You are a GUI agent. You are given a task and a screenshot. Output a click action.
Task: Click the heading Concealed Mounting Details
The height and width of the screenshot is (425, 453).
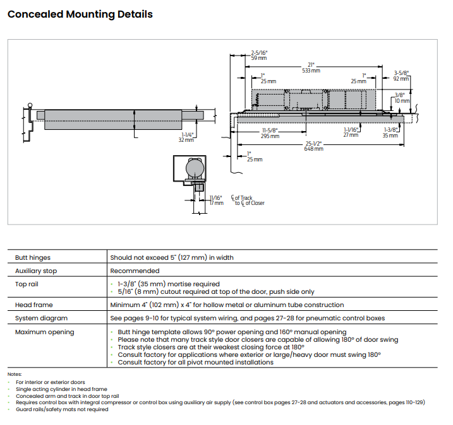pos(80,14)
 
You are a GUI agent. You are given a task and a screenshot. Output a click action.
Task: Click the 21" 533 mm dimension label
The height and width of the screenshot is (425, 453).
pos(311,67)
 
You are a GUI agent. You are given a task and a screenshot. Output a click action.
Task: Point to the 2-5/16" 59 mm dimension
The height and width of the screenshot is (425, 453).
pos(260,55)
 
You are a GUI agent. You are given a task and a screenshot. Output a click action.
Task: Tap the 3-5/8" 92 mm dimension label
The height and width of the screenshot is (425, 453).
pos(401,76)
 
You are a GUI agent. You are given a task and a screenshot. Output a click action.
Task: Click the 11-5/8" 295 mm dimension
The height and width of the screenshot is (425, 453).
pos(270,133)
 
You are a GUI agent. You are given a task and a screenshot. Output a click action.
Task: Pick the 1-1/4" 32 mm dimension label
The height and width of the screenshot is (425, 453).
pos(186,137)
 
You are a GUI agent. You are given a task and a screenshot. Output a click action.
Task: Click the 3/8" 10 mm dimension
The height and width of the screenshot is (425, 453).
pos(401,98)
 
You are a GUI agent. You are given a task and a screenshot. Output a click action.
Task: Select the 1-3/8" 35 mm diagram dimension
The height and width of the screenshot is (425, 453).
pos(390,132)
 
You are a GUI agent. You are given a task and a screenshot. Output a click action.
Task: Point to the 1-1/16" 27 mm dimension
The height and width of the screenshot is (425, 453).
pos(351,132)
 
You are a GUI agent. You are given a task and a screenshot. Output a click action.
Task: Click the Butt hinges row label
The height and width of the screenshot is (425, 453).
pos(33,257)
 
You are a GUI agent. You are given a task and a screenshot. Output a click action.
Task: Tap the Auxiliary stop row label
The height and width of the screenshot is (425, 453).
pos(36,271)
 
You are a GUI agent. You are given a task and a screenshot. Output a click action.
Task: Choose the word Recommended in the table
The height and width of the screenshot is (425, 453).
pos(135,271)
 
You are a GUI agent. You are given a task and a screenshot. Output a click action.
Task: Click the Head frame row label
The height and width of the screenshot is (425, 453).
pos(34,305)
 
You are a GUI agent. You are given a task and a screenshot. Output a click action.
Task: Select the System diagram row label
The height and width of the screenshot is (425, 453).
pos(41,318)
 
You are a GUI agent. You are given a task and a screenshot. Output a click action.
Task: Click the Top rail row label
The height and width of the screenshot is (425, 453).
pos(28,284)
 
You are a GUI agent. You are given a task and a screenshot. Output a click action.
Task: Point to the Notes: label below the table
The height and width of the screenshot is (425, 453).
pos(15,375)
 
